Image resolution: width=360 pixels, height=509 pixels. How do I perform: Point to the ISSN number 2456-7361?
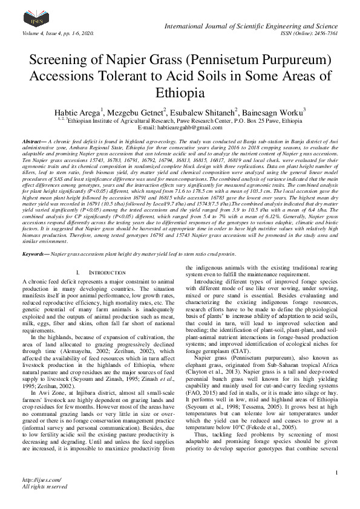(x=322, y=33)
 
